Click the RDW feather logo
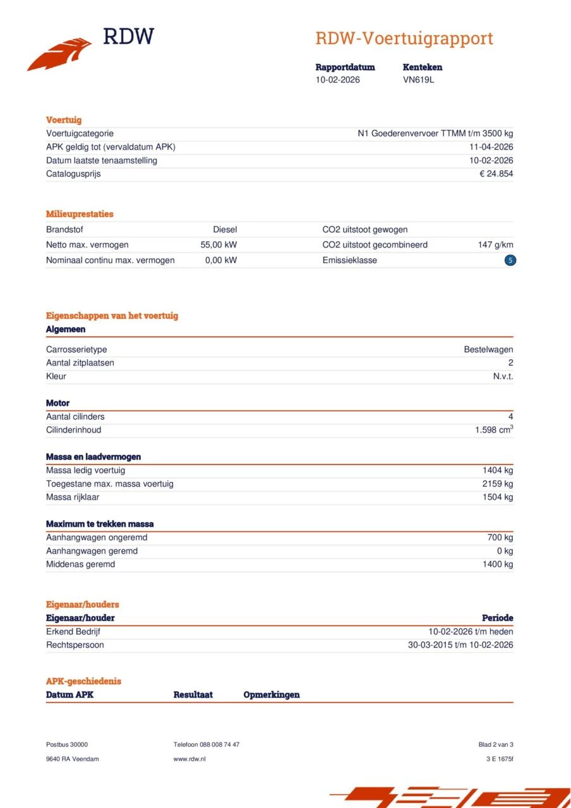(x=60, y=54)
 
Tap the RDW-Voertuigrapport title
(x=404, y=39)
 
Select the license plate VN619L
(x=418, y=80)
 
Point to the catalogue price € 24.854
(x=496, y=174)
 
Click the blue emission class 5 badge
(x=510, y=260)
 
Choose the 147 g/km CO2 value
(x=495, y=245)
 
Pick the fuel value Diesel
(x=225, y=230)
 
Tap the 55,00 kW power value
(x=219, y=245)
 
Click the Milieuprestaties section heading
(x=80, y=214)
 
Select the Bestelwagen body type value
(x=488, y=349)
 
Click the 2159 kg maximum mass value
(x=497, y=484)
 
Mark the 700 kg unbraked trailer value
(x=499, y=537)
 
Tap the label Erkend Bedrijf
(x=73, y=631)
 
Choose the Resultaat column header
(x=193, y=694)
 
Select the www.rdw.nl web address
(x=189, y=759)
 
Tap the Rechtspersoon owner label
(x=75, y=645)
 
